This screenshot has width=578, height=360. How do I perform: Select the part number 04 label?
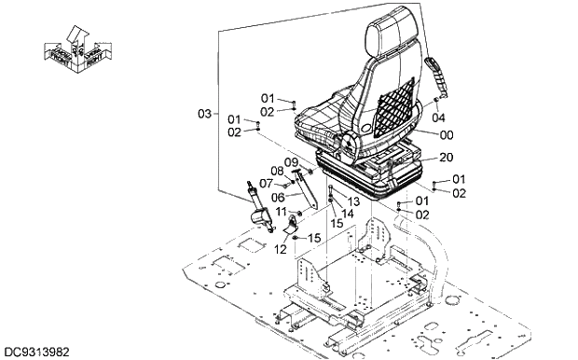point(438,118)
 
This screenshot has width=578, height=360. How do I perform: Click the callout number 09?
point(290,162)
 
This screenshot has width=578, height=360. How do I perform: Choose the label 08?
point(277,171)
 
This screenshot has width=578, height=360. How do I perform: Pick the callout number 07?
point(266,183)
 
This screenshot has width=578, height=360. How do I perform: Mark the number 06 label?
point(278,197)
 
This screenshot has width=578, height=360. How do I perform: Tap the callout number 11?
point(281,214)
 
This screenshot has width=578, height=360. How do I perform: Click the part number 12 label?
point(281,249)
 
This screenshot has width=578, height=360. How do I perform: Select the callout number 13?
point(353,201)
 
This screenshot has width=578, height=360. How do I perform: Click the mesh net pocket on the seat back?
point(394,98)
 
